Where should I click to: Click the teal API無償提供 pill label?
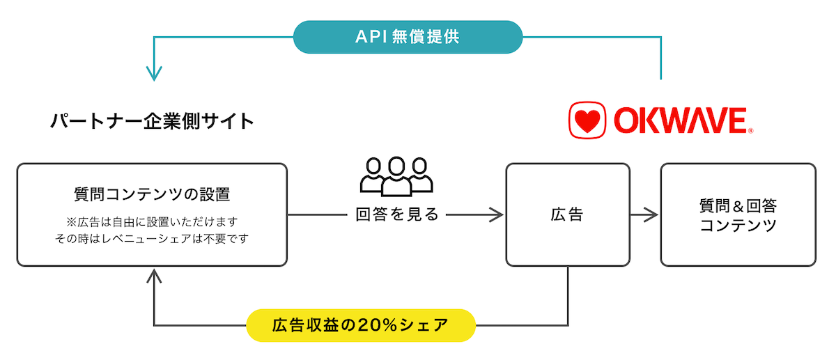[x=408, y=37]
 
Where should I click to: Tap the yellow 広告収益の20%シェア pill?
[x=361, y=325]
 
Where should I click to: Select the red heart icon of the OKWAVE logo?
[x=587, y=120]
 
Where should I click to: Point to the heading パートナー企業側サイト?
[x=152, y=121]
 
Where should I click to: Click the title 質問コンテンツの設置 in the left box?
[x=151, y=193]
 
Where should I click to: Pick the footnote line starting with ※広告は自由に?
[x=151, y=221]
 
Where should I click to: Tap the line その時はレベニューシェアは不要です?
[x=151, y=238]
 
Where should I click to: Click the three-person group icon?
[x=396, y=175]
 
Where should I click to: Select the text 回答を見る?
[x=397, y=214]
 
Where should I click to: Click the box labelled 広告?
[x=567, y=214]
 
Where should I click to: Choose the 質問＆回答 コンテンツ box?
[x=738, y=214]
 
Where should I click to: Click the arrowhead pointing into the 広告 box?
[x=496, y=214]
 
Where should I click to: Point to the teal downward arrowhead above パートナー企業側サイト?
[x=154, y=74]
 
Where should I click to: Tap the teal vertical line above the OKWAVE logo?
[x=660, y=59]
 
